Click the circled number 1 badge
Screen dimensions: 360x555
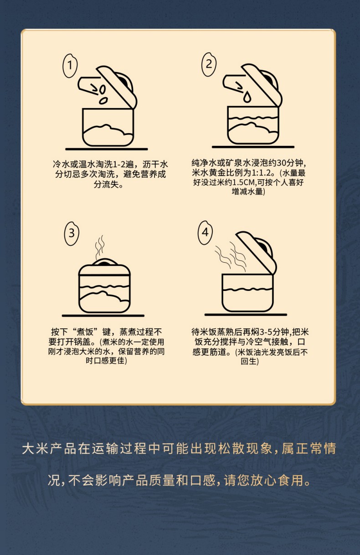tap(70, 66)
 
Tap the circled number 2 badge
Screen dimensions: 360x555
tap(209, 64)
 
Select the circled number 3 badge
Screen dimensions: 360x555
tap(72, 233)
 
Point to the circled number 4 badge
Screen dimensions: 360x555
tap(205, 233)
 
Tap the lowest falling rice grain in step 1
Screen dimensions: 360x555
tap(103, 100)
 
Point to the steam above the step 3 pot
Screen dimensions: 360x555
tap(99, 247)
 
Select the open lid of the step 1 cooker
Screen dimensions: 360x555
tap(116, 87)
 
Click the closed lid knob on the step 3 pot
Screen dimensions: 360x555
tap(104, 262)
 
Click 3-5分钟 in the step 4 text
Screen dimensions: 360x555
tap(274, 332)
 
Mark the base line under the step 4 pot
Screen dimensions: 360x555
tap(246, 314)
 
